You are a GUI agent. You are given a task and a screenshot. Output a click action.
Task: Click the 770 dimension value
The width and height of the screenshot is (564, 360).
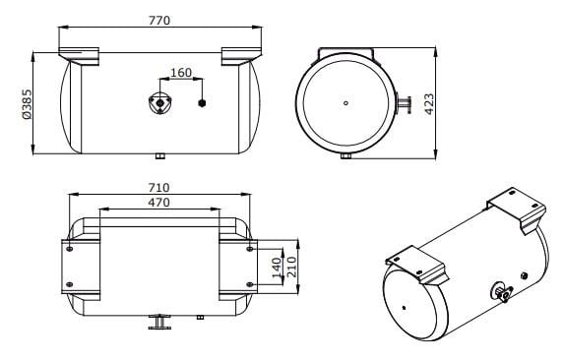[x=159, y=21]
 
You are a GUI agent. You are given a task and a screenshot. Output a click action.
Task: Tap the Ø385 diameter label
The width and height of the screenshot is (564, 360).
[x=27, y=104]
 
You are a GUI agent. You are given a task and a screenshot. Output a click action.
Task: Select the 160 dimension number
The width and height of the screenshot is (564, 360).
[x=181, y=73]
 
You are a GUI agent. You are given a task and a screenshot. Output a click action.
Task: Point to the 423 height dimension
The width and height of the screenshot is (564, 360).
[x=429, y=104]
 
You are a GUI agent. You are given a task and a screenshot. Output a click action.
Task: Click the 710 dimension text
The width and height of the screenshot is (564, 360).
[x=159, y=188]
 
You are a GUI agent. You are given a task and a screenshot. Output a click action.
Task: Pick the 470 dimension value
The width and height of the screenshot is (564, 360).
[x=159, y=203]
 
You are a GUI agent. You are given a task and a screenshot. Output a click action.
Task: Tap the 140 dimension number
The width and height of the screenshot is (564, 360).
[x=277, y=268]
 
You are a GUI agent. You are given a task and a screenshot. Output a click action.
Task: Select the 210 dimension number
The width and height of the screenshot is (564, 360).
[x=292, y=267]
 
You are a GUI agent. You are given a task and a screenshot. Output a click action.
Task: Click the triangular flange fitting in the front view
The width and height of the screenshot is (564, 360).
[x=160, y=103]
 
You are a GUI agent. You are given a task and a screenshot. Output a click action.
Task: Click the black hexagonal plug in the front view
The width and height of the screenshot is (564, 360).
[x=202, y=103]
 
